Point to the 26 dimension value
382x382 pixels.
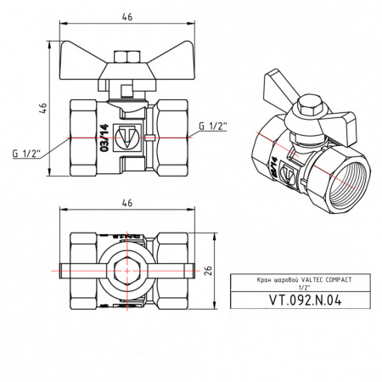point(206,270)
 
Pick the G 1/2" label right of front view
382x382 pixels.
point(213,127)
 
